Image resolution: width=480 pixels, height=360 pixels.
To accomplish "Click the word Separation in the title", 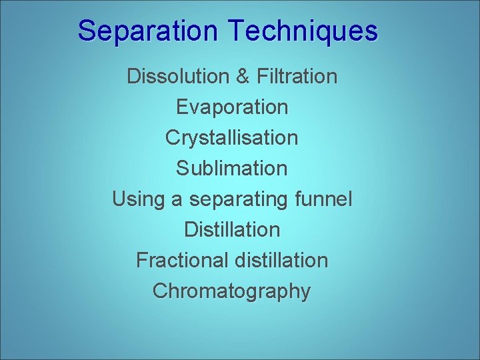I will [147, 31].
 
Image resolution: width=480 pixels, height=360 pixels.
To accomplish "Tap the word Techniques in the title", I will [302, 31].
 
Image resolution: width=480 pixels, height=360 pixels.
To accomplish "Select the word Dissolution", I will [177, 77].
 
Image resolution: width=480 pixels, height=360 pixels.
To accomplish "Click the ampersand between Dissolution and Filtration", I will [242, 77].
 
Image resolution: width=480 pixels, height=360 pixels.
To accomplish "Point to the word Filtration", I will [297, 77].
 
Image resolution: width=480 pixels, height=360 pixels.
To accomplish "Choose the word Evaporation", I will [232, 107].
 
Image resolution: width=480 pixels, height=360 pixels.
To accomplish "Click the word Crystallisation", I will [232, 138].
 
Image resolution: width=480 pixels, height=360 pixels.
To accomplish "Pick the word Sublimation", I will [232, 169].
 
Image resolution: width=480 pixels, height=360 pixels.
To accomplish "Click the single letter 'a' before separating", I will [176, 199].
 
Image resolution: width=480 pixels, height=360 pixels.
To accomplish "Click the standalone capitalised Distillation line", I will [232, 230].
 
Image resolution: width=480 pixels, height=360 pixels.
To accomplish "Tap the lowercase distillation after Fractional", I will [281, 261].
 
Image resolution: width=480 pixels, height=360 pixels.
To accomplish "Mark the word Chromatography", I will [232, 291].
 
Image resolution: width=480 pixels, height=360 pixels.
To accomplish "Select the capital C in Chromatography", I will [160, 291].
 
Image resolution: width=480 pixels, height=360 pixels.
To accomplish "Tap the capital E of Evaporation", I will [182, 107].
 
